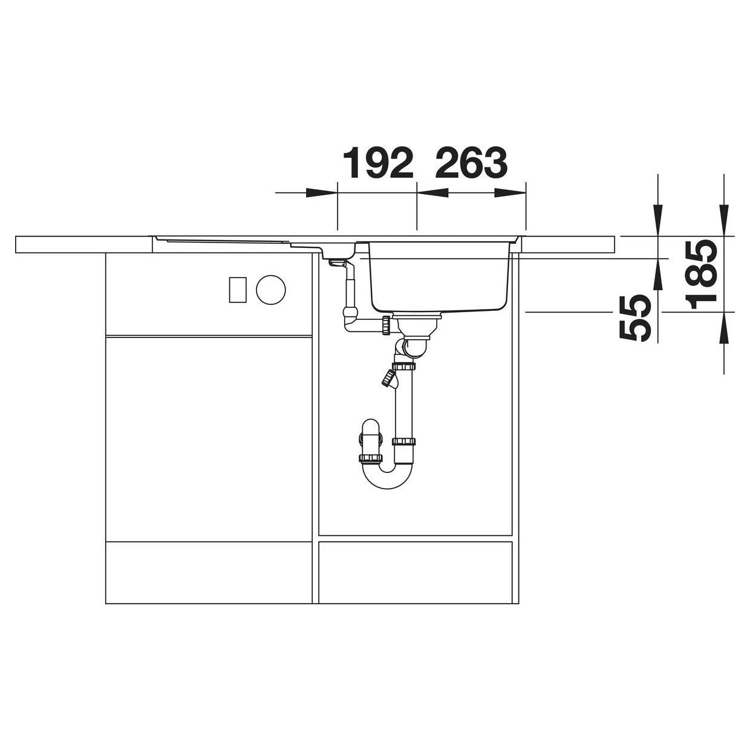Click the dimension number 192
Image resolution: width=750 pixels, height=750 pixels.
pos(377,163)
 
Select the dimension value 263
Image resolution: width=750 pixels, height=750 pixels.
pos(471,163)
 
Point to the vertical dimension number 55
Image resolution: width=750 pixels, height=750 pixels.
pos(634,318)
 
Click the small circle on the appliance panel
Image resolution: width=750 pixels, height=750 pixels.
pos(270,290)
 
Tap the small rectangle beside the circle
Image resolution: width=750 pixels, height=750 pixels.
pos(238,290)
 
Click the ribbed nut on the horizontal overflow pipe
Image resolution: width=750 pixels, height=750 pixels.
pos(386,325)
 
